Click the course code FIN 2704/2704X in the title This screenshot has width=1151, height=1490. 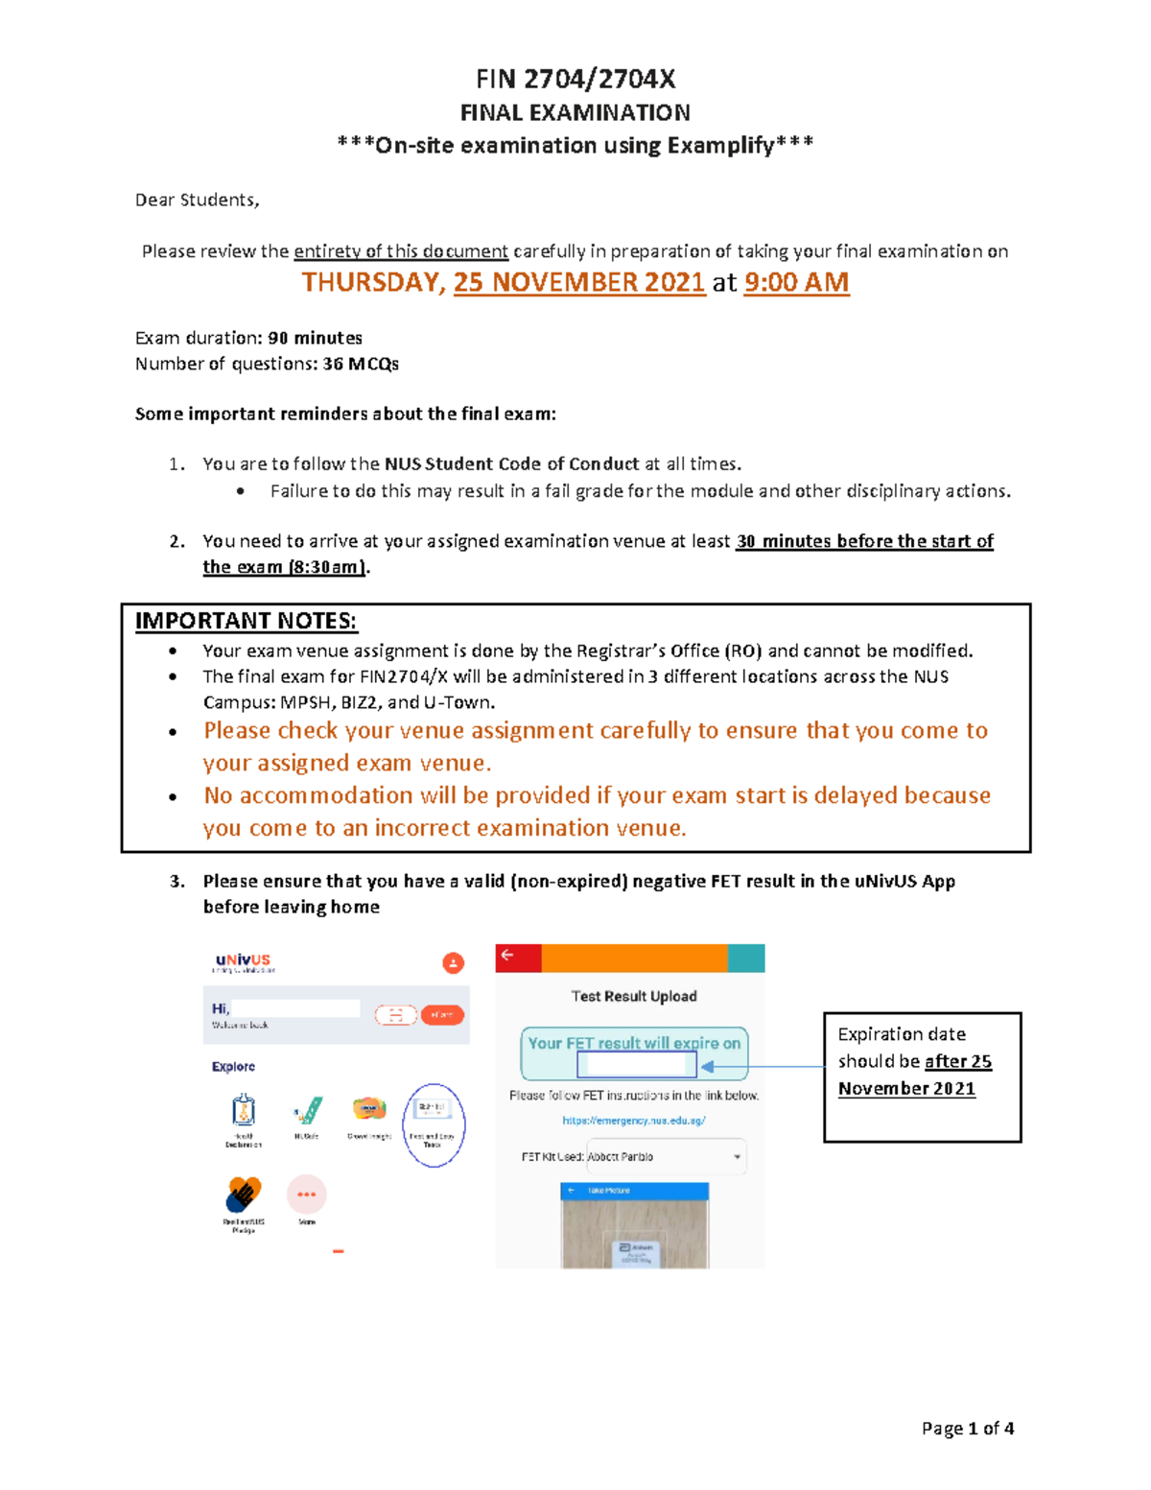[575, 79]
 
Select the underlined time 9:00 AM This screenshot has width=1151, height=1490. [796, 282]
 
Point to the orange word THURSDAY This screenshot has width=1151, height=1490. [372, 282]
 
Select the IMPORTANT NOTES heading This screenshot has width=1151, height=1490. [246, 621]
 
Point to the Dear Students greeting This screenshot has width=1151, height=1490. [197, 200]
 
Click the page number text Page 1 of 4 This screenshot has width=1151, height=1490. [967, 1429]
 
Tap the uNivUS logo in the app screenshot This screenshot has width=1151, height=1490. [243, 960]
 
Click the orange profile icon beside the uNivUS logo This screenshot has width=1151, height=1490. [453, 963]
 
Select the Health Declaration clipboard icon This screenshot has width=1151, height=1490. [244, 1111]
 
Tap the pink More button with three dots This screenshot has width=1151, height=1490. [307, 1194]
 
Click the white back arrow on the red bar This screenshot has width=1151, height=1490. [507, 956]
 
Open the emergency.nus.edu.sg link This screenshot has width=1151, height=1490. [634, 1121]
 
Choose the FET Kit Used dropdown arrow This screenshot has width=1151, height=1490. [737, 1157]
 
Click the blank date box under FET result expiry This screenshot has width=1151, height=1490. [636, 1065]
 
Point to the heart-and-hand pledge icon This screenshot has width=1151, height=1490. [244, 1195]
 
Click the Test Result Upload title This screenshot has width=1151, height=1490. [634, 996]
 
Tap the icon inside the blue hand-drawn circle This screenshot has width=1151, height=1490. [433, 1111]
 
